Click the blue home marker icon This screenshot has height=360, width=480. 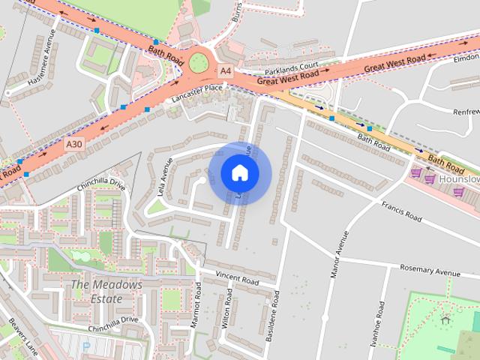click(240, 173)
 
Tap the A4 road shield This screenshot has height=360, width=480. click(225, 70)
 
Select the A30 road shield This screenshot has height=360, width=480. click(73, 144)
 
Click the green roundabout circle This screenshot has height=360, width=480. click(199, 62)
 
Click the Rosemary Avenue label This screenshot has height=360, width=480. click(430, 269)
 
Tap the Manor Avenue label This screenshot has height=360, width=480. click(340, 255)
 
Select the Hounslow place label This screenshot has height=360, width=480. click(459, 181)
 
